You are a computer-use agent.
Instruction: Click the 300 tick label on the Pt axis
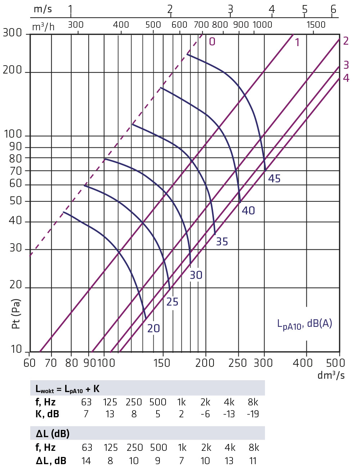pyautogui.click(x=12, y=33)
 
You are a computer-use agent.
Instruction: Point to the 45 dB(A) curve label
pyautogui.click(x=274, y=178)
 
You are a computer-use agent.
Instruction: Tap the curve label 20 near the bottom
pyautogui.click(x=154, y=328)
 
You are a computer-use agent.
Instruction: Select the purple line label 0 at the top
pyautogui.click(x=212, y=42)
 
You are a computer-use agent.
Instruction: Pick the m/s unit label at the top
pyautogui.click(x=43, y=9)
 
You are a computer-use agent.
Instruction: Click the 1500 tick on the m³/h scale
pyautogui.click(x=316, y=25)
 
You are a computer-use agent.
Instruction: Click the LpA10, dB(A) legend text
pyautogui.click(x=305, y=324)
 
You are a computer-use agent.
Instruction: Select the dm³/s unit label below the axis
pyautogui.click(x=331, y=375)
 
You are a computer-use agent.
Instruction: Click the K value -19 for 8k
pyautogui.click(x=253, y=414)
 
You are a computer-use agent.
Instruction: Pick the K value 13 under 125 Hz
pyautogui.click(x=110, y=414)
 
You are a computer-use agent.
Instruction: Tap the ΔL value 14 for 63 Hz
pyautogui.click(x=86, y=461)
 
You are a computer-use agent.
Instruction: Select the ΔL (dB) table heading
pyautogui.click(x=53, y=434)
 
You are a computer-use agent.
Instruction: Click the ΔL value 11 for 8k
pyautogui.click(x=253, y=461)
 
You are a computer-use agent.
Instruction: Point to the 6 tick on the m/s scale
pyautogui.click(x=333, y=9)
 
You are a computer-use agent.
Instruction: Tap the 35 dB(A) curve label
pyautogui.click(x=222, y=241)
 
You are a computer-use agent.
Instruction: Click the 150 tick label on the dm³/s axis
pyautogui.click(x=162, y=363)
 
